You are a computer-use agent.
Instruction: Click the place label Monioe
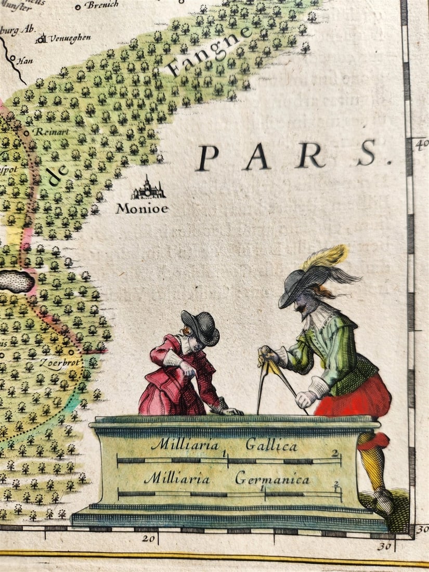click(x=142, y=209)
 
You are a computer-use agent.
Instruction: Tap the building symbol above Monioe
click(x=148, y=188)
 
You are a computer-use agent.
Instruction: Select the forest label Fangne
click(x=208, y=52)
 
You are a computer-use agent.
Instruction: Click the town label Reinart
click(x=48, y=132)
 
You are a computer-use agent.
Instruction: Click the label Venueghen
click(x=71, y=38)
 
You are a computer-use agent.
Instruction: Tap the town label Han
click(x=25, y=61)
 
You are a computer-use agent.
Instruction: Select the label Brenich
click(x=101, y=5)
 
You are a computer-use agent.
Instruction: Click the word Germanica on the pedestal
click(x=272, y=478)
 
